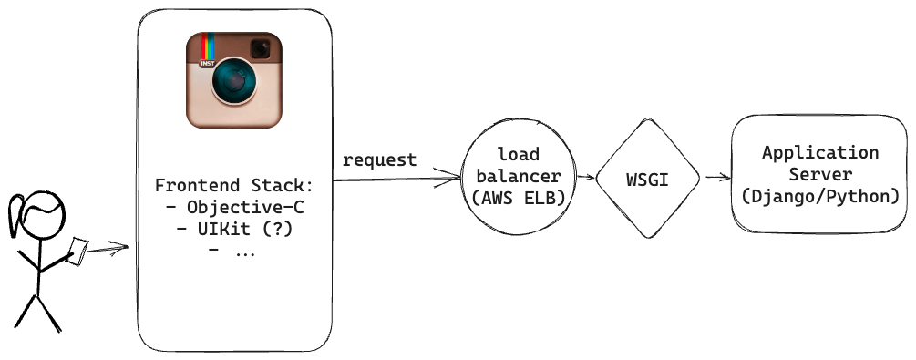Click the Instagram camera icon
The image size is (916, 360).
pyautogui.click(x=234, y=80)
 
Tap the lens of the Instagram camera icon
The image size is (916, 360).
pyautogui.click(x=234, y=86)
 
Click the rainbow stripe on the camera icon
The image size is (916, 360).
pyautogui.click(x=207, y=47)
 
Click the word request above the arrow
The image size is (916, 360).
pyautogui.click(x=379, y=161)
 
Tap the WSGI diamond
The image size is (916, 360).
pyautogui.click(x=647, y=179)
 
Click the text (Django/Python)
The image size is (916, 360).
pyautogui.click(x=820, y=195)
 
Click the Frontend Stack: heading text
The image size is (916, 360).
pyautogui.click(x=234, y=186)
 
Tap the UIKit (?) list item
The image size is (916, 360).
pyautogui.click(x=234, y=230)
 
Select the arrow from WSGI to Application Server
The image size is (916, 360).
pyautogui.click(x=716, y=179)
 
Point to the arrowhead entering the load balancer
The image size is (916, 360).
pyautogui.click(x=451, y=180)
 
